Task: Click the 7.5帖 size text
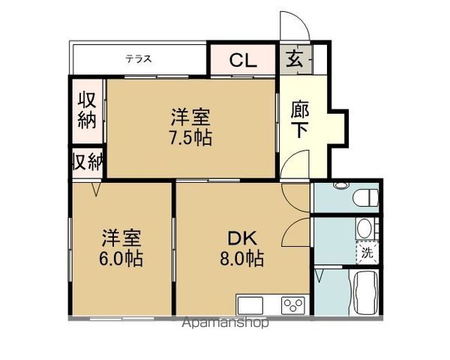(x=190, y=138)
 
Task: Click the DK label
(x=242, y=239)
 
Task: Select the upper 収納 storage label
(x=87, y=110)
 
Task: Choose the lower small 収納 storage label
(x=87, y=163)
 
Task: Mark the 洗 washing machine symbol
(x=367, y=253)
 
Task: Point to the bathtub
(x=366, y=295)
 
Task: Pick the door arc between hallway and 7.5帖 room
(x=295, y=164)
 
